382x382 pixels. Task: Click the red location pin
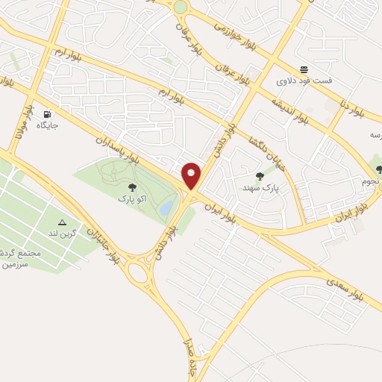click(192, 175)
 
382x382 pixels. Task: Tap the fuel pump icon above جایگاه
click(48, 115)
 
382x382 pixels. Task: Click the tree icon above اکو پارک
click(132, 189)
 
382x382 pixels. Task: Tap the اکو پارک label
click(132, 199)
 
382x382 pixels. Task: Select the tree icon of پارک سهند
click(260, 176)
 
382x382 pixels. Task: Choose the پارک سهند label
click(260, 187)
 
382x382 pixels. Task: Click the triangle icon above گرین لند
click(63, 223)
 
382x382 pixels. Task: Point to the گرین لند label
click(63, 234)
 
